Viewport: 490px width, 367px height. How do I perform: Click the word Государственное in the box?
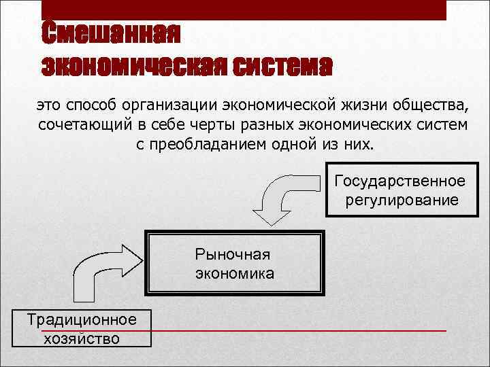point(401,181)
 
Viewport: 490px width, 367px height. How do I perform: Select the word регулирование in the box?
point(402,200)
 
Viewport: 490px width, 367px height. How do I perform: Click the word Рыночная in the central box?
point(233,254)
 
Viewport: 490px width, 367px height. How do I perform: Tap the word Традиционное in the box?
point(81,319)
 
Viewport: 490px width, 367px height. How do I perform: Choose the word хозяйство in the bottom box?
point(81,338)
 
